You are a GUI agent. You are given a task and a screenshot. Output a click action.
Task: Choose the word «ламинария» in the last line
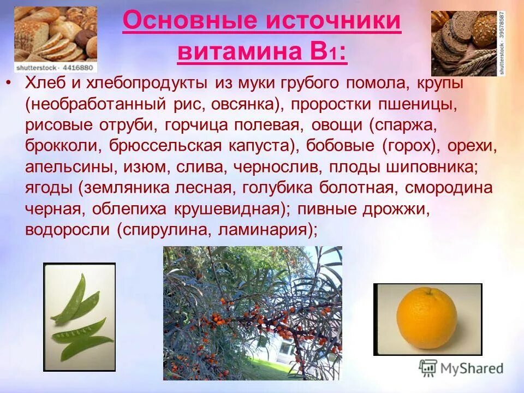coord(261,230)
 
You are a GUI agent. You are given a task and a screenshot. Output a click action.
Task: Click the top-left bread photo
coord(56,34)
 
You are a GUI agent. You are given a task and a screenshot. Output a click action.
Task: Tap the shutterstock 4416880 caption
coord(56,68)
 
